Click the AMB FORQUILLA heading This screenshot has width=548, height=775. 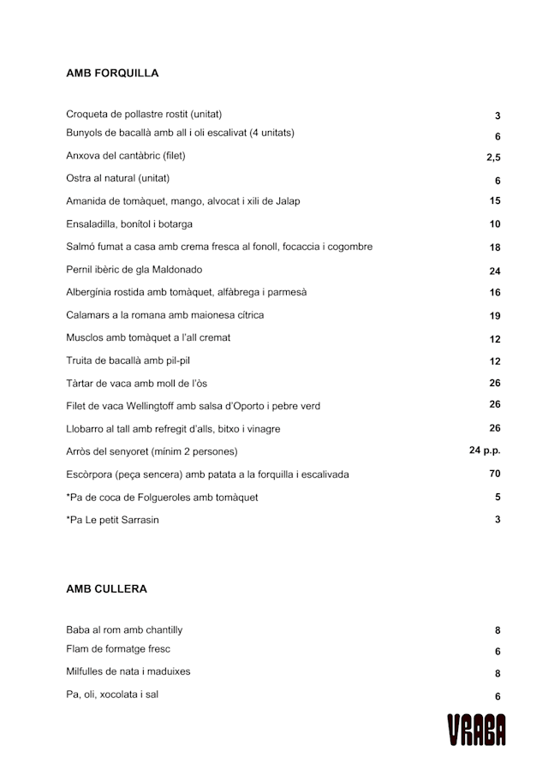112,74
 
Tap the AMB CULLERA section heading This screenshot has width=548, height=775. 106,589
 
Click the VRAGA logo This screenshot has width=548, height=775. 476,730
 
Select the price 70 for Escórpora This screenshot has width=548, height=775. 495,474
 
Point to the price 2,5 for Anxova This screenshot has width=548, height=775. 493,158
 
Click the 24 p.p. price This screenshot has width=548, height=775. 485,450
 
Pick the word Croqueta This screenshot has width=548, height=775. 87,114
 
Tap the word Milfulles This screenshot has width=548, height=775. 87,671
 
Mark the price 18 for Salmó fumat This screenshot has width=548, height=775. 495,247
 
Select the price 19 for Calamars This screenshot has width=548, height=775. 495,316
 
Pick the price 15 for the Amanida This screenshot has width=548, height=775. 495,201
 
